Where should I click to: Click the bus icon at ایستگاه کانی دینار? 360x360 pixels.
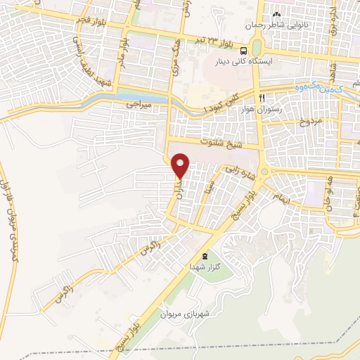[x=243, y=51]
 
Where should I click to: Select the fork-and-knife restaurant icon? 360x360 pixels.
[x=262, y=97]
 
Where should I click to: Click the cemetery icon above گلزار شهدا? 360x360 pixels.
[x=205, y=256]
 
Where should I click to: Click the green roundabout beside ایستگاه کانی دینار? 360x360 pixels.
[x=256, y=46]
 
